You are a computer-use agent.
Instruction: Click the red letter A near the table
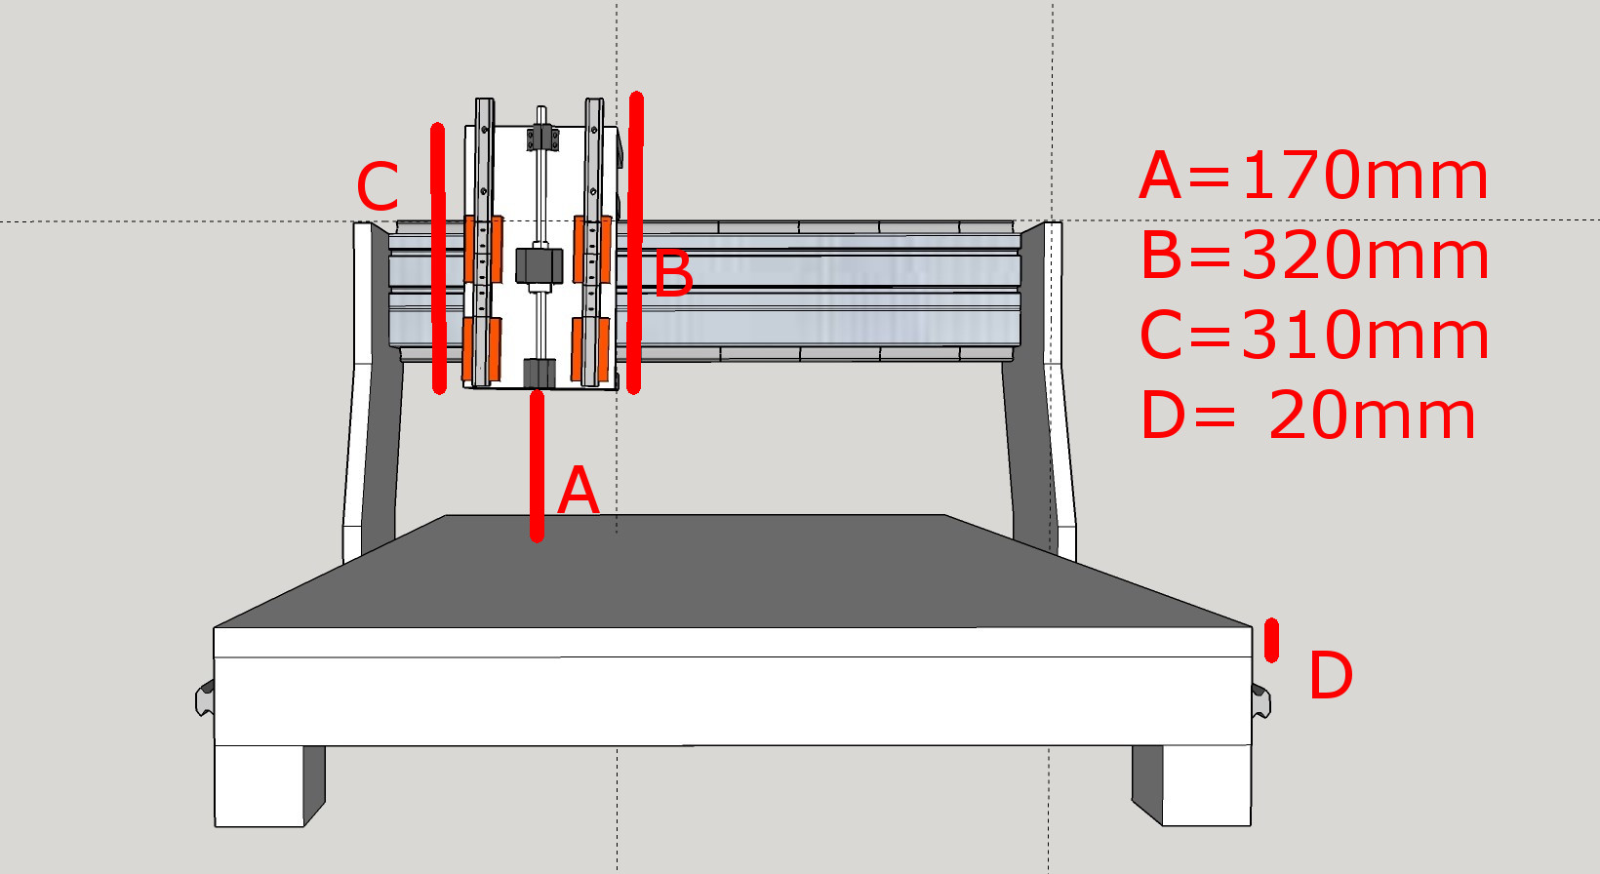point(578,491)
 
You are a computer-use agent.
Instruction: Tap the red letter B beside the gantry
point(674,274)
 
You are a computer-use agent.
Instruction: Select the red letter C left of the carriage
point(378,187)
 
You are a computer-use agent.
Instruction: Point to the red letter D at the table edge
point(1331,676)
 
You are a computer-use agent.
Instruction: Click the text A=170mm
point(1313,177)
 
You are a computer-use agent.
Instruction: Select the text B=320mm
point(1314,257)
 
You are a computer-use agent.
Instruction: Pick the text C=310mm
point(1314,337)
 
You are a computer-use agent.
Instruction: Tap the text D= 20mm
point(1307,417)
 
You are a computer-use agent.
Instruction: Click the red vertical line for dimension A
point(537,465)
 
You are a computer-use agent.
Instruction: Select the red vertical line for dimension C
point(438,258)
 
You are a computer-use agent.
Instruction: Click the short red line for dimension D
point(1271,640)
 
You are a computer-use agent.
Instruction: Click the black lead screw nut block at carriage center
point(540,265)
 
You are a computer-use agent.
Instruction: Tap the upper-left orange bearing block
point(483,250)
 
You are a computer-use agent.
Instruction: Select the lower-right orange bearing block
point(591,348)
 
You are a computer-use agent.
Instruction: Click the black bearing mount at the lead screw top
point(543,138)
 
